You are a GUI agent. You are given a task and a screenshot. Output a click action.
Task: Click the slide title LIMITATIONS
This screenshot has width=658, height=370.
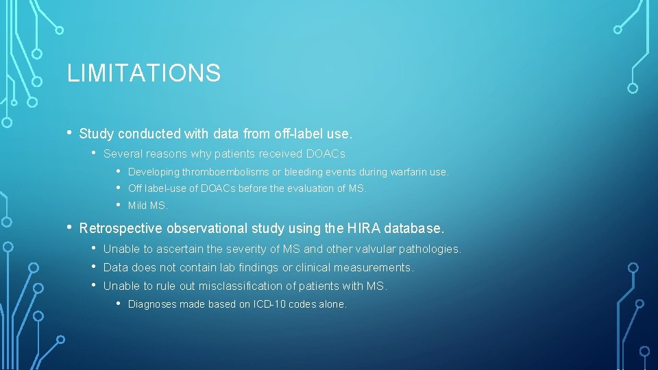click(143, 73)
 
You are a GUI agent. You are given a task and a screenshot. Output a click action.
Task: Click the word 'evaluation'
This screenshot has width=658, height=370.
click(312, 188)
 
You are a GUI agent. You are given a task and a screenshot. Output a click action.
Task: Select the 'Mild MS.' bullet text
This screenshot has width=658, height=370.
click(147, 206)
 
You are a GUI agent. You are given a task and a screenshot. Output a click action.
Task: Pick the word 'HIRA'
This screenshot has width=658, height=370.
click(363, 227)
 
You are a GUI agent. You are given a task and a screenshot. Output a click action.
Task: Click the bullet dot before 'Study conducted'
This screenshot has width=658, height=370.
click(70, 133)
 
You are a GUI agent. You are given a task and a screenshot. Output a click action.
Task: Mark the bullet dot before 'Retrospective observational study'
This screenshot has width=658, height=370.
click(70, 227)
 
